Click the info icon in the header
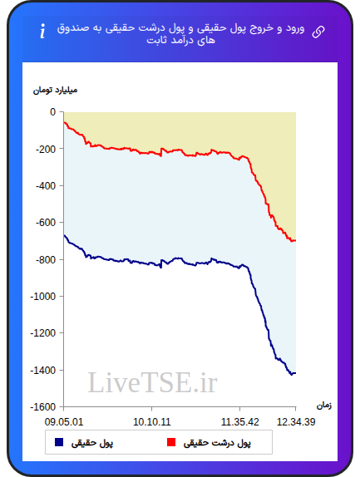coord(42,31)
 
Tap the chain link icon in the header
coord(318,32)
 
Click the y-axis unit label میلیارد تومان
coord(55,91)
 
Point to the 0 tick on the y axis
coord(53,112)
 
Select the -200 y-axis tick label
coord(46,149)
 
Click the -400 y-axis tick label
coord(46,186)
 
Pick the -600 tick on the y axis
coord(46,223)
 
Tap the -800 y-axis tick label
coord(46,260)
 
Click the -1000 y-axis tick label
coord(43,297)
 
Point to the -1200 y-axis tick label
coord(43,333)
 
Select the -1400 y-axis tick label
coord(43,371)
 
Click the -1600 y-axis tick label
coord(43,407)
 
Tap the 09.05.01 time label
coord(63,422)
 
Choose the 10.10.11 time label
coord(152,422)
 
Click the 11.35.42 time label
coord(239,422)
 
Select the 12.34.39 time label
coord(296,422)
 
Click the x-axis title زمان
coord(323,406)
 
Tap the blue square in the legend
coord(59,442)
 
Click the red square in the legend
coord(171,442)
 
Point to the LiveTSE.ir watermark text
coord(152,382)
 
